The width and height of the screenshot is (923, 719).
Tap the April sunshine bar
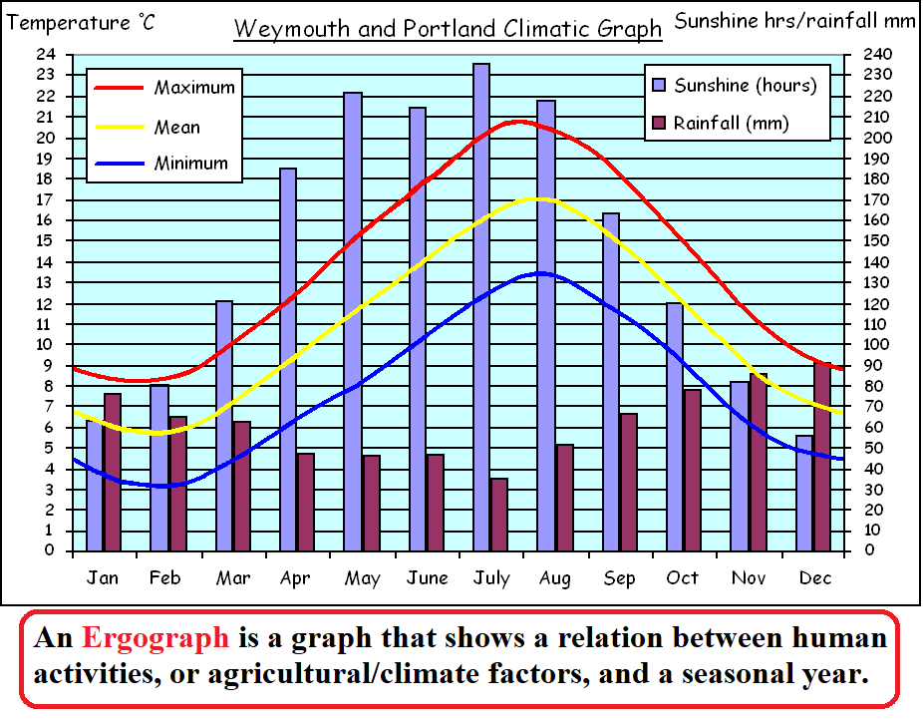288,359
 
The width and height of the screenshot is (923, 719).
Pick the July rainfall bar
499,515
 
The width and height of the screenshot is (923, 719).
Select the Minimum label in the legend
191,164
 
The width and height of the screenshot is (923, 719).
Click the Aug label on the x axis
555,578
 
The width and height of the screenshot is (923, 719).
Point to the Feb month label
165,578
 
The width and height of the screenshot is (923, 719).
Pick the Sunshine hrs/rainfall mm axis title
794,20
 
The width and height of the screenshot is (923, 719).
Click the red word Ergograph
154,638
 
